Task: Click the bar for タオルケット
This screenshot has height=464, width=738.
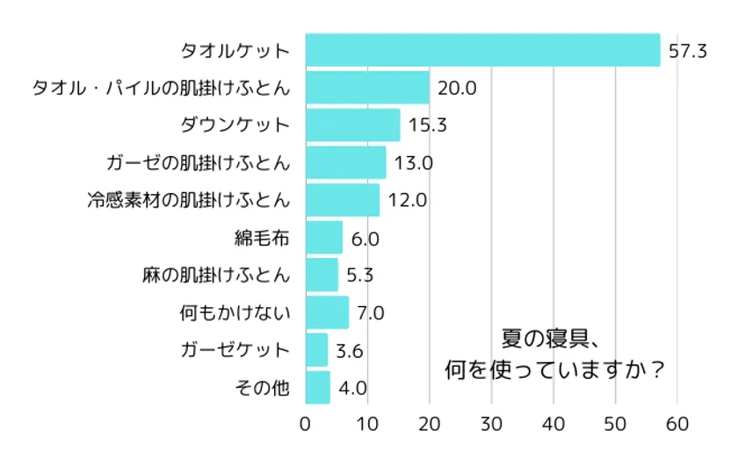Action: [x=482, y=50]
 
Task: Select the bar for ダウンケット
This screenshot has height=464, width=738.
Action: [x=352, y=125]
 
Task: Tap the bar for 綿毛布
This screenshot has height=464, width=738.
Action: [x=323, y=237]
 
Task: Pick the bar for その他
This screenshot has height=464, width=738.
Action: [x=317, y=387]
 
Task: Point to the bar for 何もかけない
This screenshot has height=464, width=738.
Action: [x=327, y=311]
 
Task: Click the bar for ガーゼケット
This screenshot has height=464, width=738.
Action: [x=316, y=349]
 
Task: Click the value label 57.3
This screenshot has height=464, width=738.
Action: [x=688, y=51]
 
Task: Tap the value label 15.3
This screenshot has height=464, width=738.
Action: [x=428, y=125]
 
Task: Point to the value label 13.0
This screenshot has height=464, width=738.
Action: [x=414, y=162]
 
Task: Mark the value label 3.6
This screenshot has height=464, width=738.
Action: [x=350, y=350]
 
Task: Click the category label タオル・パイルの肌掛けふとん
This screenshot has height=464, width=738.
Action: [x=161, y=88]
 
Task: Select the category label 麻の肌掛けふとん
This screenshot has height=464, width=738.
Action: [x=215, y=275]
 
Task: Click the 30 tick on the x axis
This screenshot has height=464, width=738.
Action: [x=491, y=424]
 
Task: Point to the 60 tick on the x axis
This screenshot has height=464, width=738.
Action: [x=677, y=424]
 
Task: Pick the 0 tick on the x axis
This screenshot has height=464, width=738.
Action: [x=306, y=424]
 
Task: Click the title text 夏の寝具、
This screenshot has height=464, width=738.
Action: [x=550, y=338]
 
